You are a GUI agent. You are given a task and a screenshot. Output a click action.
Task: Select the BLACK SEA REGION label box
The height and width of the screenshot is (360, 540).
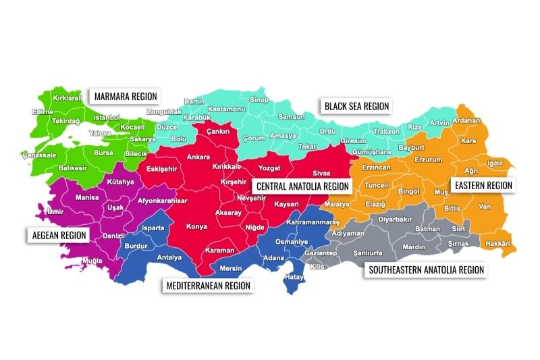pyautogui.click(x=356, y=106)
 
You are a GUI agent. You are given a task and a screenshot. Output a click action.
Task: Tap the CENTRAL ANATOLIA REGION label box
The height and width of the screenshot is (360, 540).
pyautogui.click(x=302, y=186)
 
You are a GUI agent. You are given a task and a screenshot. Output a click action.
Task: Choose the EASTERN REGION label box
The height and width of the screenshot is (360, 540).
pyautogui.click(x=483, y=184)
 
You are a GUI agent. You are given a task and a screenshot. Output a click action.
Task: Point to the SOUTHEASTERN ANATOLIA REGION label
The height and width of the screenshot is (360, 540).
pyautogui.click(x=426, y=269)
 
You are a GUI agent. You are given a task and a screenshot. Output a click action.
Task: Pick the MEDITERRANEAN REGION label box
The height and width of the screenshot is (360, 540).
pyautogui.click(x=208, y=286)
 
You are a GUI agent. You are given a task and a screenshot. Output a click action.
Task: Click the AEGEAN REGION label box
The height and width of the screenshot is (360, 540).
pyautogui.click(x=59, y=235)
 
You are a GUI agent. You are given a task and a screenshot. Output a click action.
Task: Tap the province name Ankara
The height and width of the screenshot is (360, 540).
pyautogui.click(x=198, y=157)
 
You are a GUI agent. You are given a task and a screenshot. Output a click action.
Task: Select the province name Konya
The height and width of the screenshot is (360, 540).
pyautogui.click(x=196, y=226)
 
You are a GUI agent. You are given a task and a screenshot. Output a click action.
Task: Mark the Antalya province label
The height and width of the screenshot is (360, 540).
pyautogui.click(x=169, y=257)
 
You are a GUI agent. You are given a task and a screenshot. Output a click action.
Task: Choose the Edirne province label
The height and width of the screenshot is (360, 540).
pyautogui.click(x=42, y=112)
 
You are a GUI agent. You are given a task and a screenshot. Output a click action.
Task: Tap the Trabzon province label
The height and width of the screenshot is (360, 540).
pyautogui.click(x=386, y=131)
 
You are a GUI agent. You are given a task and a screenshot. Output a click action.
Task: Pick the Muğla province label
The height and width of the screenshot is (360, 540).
pyautogui.click(x=92, y=260)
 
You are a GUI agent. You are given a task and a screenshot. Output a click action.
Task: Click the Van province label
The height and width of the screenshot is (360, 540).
pyautogui.click(x=484, y=207)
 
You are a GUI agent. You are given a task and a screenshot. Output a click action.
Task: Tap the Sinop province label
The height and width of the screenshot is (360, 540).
pyautogui.click(x=259, y=100)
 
